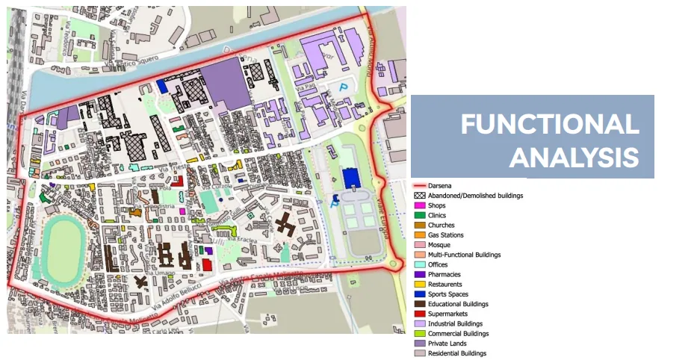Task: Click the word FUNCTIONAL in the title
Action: click(x=549, y=124)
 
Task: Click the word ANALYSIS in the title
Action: click(x=574, y=158)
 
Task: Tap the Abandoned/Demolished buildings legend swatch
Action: click(x=420, y=196)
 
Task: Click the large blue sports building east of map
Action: click(x=350, y=179)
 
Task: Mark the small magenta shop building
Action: click(x=182, y=211)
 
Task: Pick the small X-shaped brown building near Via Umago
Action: click(x=141, y=282)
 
